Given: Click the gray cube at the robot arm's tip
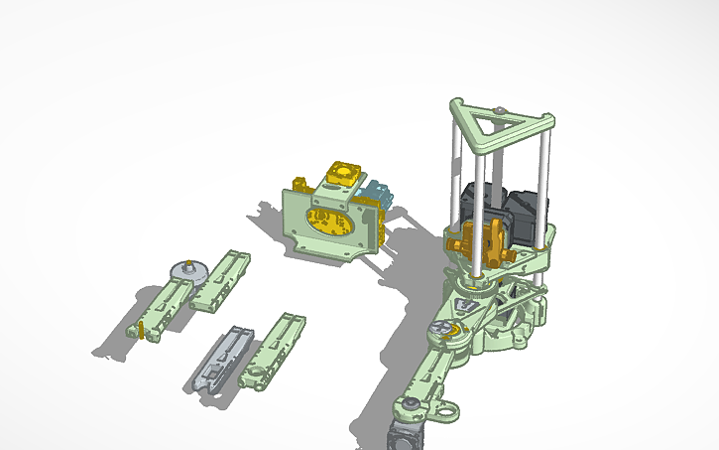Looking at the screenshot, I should (x=405, y=435).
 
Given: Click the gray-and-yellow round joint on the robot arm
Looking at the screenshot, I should (x=443, y=331).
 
